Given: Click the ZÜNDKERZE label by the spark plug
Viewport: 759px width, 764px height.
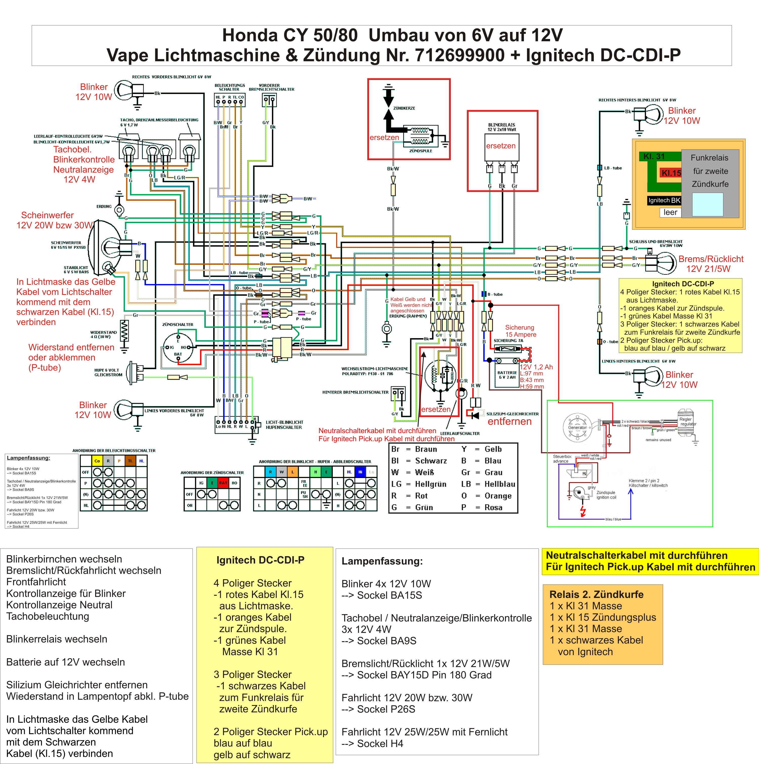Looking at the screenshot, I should click(x=404, y=108).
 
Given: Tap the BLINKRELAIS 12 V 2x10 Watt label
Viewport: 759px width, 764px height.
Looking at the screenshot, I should click(x=502, y=127).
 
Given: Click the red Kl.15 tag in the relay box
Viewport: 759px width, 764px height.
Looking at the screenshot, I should click(x=671, y=173).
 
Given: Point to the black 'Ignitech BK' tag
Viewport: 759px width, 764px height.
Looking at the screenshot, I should click(x=664, y=200).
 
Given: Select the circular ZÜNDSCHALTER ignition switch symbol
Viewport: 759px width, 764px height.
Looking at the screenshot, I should click(x=178, y=348).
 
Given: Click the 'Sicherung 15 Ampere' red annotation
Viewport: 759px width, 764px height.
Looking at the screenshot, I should click(x=520, y=331).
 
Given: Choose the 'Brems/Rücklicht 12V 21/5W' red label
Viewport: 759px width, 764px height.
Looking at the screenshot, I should click(x=710, y=264).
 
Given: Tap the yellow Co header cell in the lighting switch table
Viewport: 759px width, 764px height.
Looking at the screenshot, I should click(x=97, y=461).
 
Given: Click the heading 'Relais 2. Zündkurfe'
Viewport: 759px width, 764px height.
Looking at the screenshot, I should click(x=596, y=594).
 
